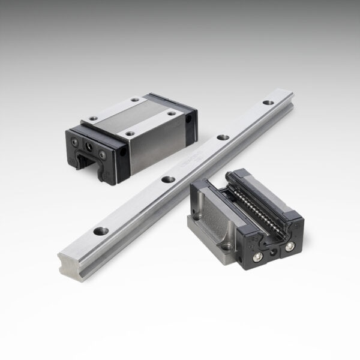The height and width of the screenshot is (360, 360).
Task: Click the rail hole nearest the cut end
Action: point(101,230)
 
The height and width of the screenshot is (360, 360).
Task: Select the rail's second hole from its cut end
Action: point(169,179)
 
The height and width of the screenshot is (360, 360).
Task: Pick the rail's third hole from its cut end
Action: point(224,137)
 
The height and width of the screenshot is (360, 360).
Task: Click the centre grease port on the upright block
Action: point(89,145)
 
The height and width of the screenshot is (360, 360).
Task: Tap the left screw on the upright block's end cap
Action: point(75,142)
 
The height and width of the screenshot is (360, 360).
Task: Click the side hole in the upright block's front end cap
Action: point(123,154)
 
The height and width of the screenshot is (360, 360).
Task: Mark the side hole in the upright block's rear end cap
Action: point(190,119)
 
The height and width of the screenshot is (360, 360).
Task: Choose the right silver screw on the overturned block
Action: point(290,247)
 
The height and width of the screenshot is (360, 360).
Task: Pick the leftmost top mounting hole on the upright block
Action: point(92,118)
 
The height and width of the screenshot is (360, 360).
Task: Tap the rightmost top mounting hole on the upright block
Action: point(172,113)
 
